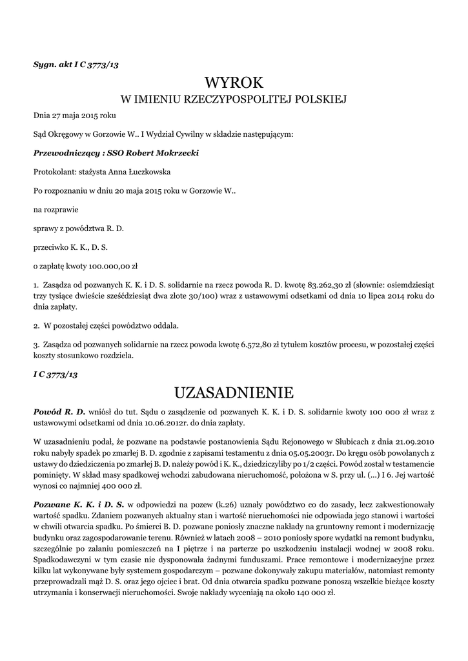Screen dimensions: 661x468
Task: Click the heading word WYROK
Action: tap(234, 83)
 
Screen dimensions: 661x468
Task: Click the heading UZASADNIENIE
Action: tap(234, 392)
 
